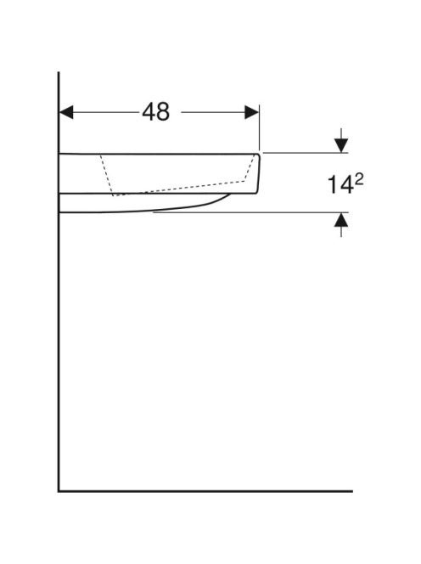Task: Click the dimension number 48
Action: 155,112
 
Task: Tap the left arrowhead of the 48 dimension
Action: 66,112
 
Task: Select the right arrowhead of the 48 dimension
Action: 251,112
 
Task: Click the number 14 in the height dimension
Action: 340,185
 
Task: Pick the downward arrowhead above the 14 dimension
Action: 341,145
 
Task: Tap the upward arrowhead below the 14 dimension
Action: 341,220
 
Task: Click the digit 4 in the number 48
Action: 149,112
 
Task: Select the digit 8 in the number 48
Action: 163,112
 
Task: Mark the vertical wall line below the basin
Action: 59,352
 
